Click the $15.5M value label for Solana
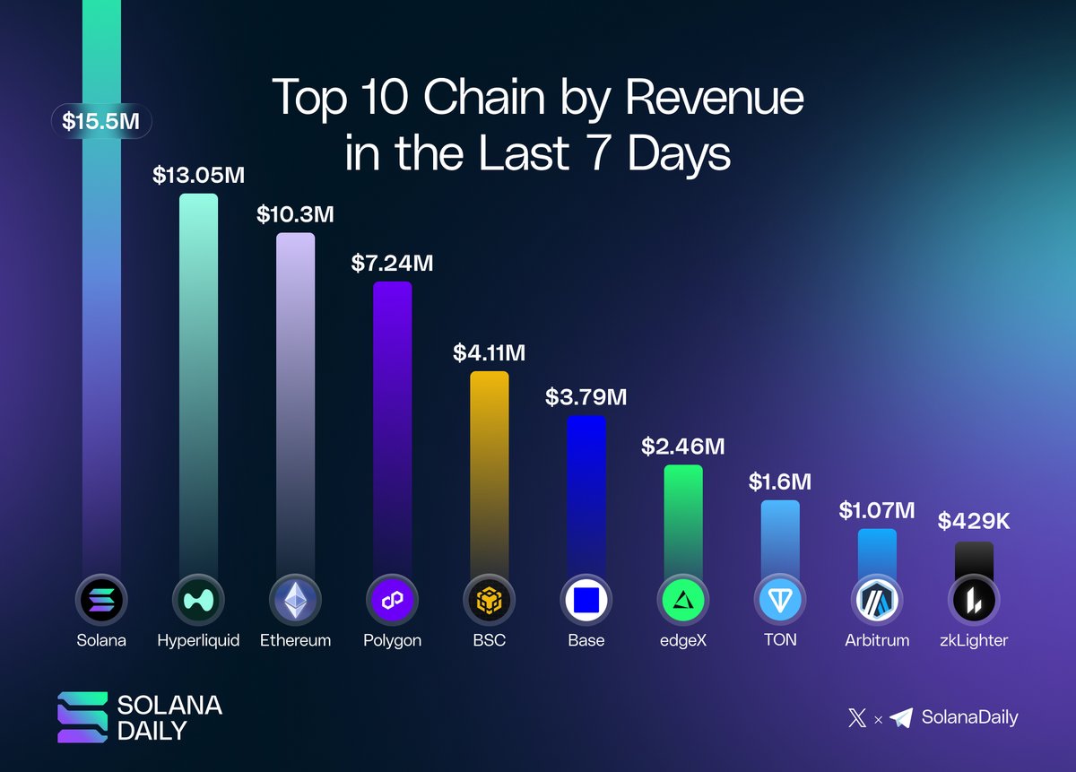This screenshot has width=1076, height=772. [x=101, y=122]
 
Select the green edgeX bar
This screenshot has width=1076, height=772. [x=683, y=520]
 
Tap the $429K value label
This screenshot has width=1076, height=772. [x=974, y=521]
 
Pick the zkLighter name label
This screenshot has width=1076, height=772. [x=974, y=640]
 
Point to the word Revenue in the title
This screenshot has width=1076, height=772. [x=714, y=98]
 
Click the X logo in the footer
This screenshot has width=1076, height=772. [x=857, y=717]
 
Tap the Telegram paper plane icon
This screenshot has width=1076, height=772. [x=901, y=717]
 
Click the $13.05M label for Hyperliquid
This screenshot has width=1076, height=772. [x=198, y=174]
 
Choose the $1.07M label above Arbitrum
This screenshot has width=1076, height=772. [x=877, y=510]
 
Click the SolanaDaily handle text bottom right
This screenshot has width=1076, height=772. [x=969, y=717]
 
